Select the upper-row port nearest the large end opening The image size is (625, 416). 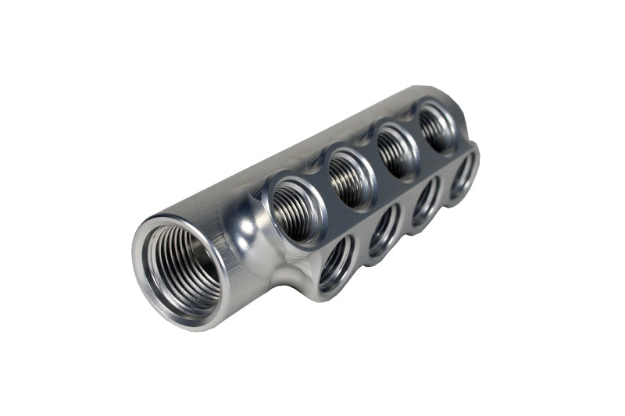point(295,205)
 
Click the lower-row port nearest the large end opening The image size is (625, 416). point(336,261)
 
